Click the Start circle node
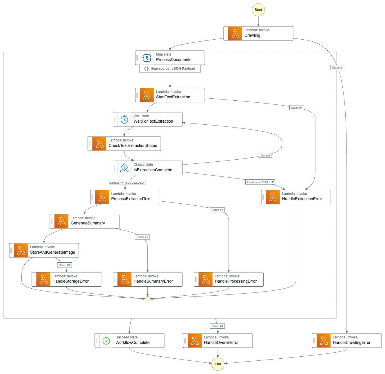[x=258, y=10]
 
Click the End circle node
[x=218, y=364]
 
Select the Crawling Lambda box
[x=258, y=33]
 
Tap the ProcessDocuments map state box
[x=170, y=58]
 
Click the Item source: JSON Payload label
[x=170, y=69]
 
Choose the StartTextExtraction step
[x=170, y=95]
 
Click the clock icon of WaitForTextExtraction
[x=124, y=119]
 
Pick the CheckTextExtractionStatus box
[x=124, y=143]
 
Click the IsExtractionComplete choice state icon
[x=124, y=168]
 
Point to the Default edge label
[x=265, y=156]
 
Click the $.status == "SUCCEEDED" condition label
[x=127, y=183]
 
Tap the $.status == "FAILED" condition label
[x=260, y=182]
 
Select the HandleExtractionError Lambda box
[x=296, y=197]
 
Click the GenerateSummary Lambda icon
[x=61, y=221]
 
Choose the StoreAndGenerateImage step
[x=44, y=250]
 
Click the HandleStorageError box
[x=67, y=279]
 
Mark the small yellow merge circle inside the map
[x=147, y=299]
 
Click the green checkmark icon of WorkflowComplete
[x=106, y=341]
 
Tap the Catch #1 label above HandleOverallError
[x=217, y=326]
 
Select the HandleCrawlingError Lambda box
[x=346, y=341]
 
